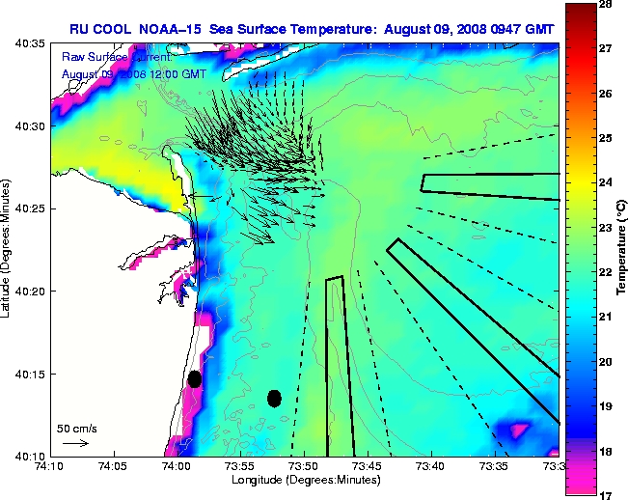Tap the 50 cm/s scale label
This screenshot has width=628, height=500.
click(76, 428)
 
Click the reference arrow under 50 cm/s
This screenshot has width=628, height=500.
click(75, 443)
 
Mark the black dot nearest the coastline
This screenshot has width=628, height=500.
click(195, 378)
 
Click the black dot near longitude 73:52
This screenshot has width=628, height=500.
click(274, 398)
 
